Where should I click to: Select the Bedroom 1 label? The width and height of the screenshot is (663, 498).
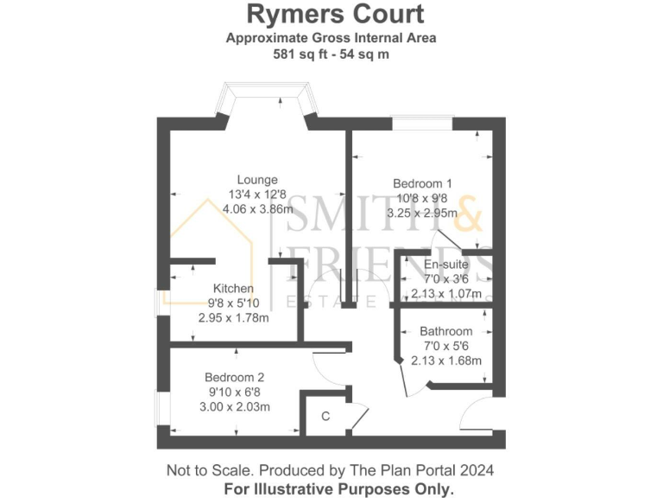pyautogui.click(x=422, y=183)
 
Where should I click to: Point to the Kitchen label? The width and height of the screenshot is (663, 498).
pyautogui.click(x=233, y=288)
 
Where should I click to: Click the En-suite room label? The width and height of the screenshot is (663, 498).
pyautogui.click(x=445, y=264)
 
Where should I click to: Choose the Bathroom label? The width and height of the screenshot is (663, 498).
pyautogui.click(x=445, y=331)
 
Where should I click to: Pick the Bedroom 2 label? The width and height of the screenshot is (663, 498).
pyautogui.click(x=234, y=377)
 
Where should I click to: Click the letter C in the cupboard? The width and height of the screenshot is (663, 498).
pyautogui.click(x=325, y=416)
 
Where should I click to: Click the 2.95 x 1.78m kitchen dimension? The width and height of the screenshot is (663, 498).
pyautogui.click(x=233, y=317)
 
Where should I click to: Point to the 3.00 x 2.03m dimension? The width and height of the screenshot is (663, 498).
pyautogui.click(x=235, y=406)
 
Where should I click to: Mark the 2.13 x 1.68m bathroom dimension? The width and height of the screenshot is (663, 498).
pyautogui.click(x=446, y=361)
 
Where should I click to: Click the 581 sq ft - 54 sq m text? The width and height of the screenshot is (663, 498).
pyautogui.click(x=331, y=53)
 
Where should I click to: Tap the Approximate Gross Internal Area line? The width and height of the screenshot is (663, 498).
pyautogui.click(x=331, y=37)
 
